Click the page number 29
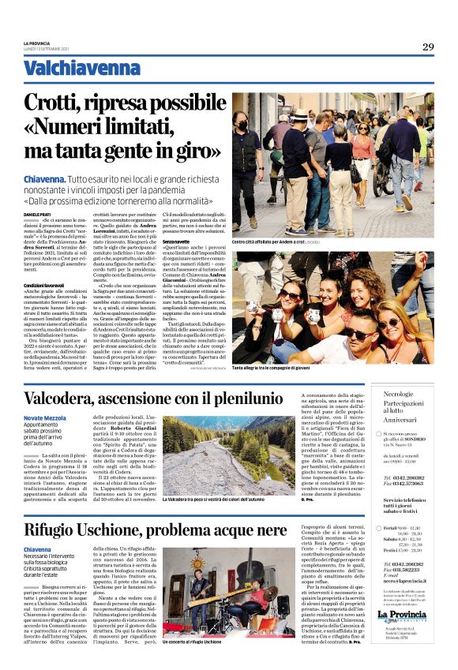click(427, 47)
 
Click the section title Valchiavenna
click(70, 69)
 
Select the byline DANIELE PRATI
click(36, 214)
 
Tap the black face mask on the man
click(242, 125)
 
